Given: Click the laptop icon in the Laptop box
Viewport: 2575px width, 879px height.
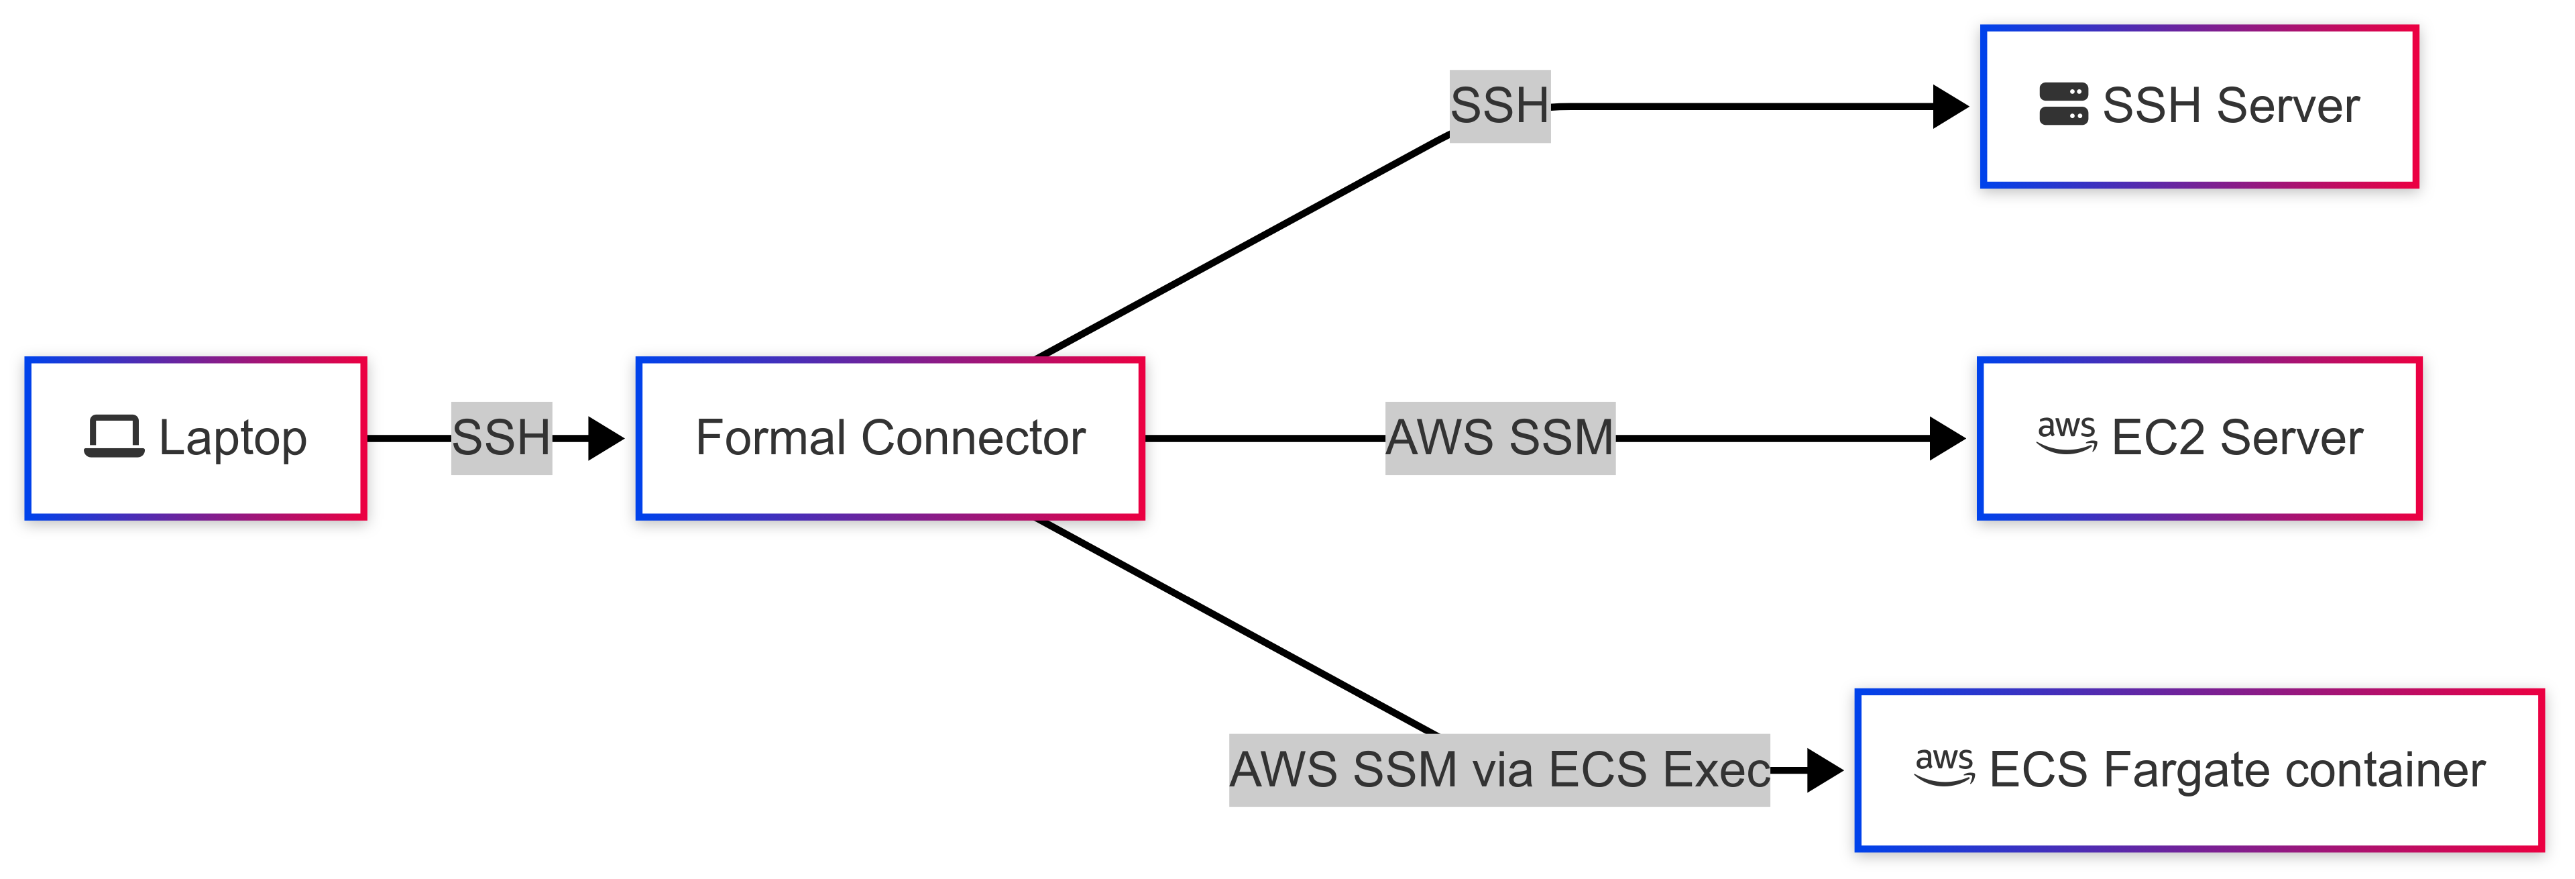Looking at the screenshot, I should (114, 437).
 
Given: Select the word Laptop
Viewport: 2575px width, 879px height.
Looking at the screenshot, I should (233, 439).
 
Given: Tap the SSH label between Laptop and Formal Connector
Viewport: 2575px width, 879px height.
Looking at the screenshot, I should (501, 438).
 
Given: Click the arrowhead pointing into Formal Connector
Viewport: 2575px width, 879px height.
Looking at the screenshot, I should (605, 438).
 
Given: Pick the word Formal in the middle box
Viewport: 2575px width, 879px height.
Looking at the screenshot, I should (770, 438).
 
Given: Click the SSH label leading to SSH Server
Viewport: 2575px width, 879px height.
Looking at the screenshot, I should (1499, 106).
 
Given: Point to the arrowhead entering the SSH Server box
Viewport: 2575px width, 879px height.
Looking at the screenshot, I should (1949, 106).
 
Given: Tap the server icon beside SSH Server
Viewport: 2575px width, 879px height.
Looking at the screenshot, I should (2063, 104).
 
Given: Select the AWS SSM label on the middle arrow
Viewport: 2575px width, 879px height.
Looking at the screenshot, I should (1499, 438).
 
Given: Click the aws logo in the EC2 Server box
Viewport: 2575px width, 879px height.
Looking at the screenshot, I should (2066, 435).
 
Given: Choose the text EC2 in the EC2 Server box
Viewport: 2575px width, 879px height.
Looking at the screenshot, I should (2157, 438).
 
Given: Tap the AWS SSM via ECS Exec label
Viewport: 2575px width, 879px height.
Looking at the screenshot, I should (1499, 770).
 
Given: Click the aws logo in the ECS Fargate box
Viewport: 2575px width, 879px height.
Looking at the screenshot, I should (1944, 767).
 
